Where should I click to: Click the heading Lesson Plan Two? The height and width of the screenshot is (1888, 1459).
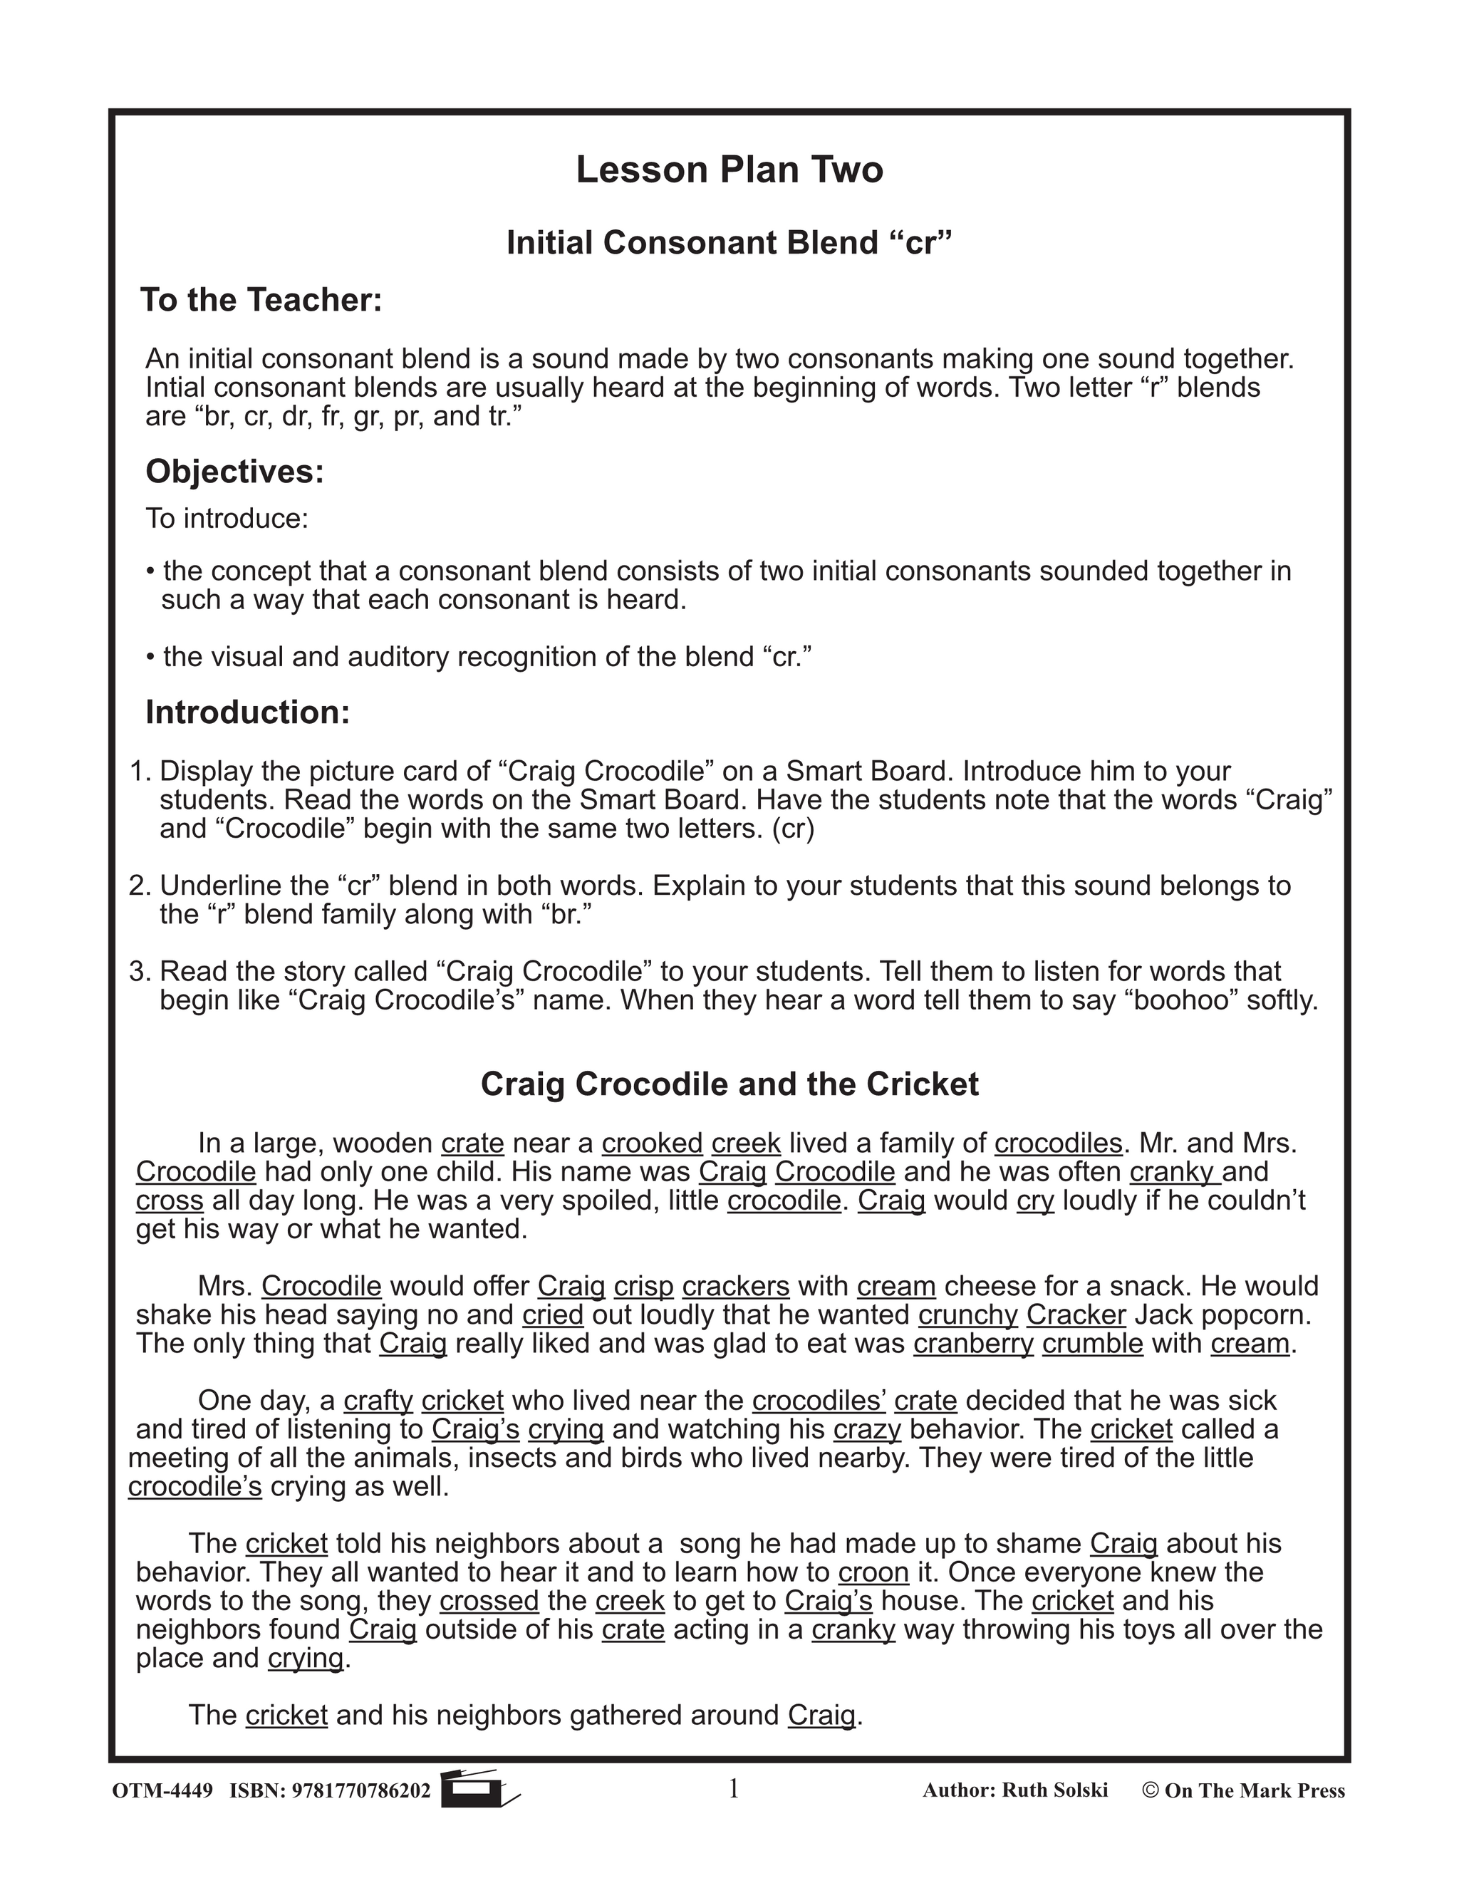(x=729, y=170)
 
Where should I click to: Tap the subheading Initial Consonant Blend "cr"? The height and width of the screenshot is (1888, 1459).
(x=729, y=243)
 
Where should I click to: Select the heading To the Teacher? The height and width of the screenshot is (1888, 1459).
(x=261, y=300)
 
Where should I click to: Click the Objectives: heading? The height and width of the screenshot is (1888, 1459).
(x=235, y=471)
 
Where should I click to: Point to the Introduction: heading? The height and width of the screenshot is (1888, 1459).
(x=248, y=712)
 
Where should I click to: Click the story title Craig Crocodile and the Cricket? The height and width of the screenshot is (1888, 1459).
(x=729, y=1084)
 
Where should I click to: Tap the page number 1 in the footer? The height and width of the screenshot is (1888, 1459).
(x=734, y=1788)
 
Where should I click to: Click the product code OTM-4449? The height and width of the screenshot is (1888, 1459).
(x=162, y=1790)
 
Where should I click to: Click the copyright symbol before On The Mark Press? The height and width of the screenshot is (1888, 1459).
(x=1151, y=1790)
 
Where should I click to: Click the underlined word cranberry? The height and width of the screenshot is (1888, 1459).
(x=973, y=1344)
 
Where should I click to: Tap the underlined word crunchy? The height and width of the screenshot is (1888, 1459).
(x=968, y=1315)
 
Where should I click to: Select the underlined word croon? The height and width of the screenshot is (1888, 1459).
(x=874, y=1572)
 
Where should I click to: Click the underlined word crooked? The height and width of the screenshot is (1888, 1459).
(x=653, y=1143)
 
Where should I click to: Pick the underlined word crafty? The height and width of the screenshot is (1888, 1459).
(x=378, y=1401)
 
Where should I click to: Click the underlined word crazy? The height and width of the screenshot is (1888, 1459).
(x=867, y=1429)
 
